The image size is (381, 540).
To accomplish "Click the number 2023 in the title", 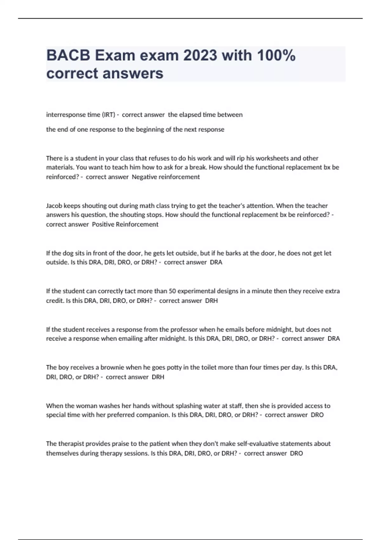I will pyautogui.click(x=200, y=56).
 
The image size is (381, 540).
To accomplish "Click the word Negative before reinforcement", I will pyautogui.click(x=144, y=177).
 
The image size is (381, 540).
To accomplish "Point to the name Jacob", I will pyautogui.click(x=54, y=206).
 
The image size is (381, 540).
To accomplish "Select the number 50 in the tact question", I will pyautogui.click(x=172, y=291).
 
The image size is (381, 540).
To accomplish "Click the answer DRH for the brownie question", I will pyautogui.click(x=158, y=377).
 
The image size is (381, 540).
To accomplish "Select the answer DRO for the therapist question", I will pyautogui.click(x=296, y=453).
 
